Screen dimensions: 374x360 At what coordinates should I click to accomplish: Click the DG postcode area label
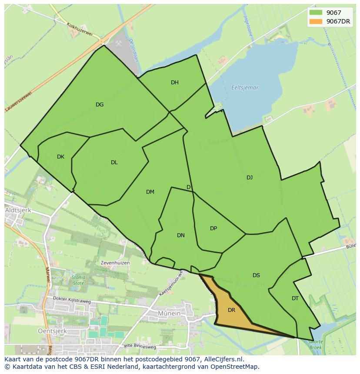[x=100, y=104]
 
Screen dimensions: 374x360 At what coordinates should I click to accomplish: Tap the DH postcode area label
[x=175, y=83]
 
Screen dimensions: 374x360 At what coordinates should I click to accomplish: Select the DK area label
[x=60, y=157]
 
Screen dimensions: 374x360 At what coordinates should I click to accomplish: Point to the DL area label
[x=114, y=162]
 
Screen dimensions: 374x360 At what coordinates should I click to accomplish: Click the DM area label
[x=150, y=192]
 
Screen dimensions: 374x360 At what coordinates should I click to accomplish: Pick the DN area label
[x=181, y=235]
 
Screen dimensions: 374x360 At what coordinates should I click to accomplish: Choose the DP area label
[x=213, y=228]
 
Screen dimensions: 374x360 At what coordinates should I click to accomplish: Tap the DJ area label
[x=250, y=177]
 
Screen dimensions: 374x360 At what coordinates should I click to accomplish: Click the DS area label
[x=256, y=275]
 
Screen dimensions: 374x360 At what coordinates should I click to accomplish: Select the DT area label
[x=295, y=298]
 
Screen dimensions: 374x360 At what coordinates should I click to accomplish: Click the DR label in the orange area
[x=231, y=310]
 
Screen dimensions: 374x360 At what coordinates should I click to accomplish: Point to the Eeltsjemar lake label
[x=245, y=88]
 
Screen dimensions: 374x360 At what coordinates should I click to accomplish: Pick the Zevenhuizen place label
[x=115, y=263]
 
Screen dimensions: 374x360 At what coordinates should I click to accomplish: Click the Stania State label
[x=78, y=280]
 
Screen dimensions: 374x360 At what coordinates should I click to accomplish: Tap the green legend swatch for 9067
[x=316, y=13]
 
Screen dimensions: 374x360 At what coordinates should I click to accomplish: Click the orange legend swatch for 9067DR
[x=316, y=21]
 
